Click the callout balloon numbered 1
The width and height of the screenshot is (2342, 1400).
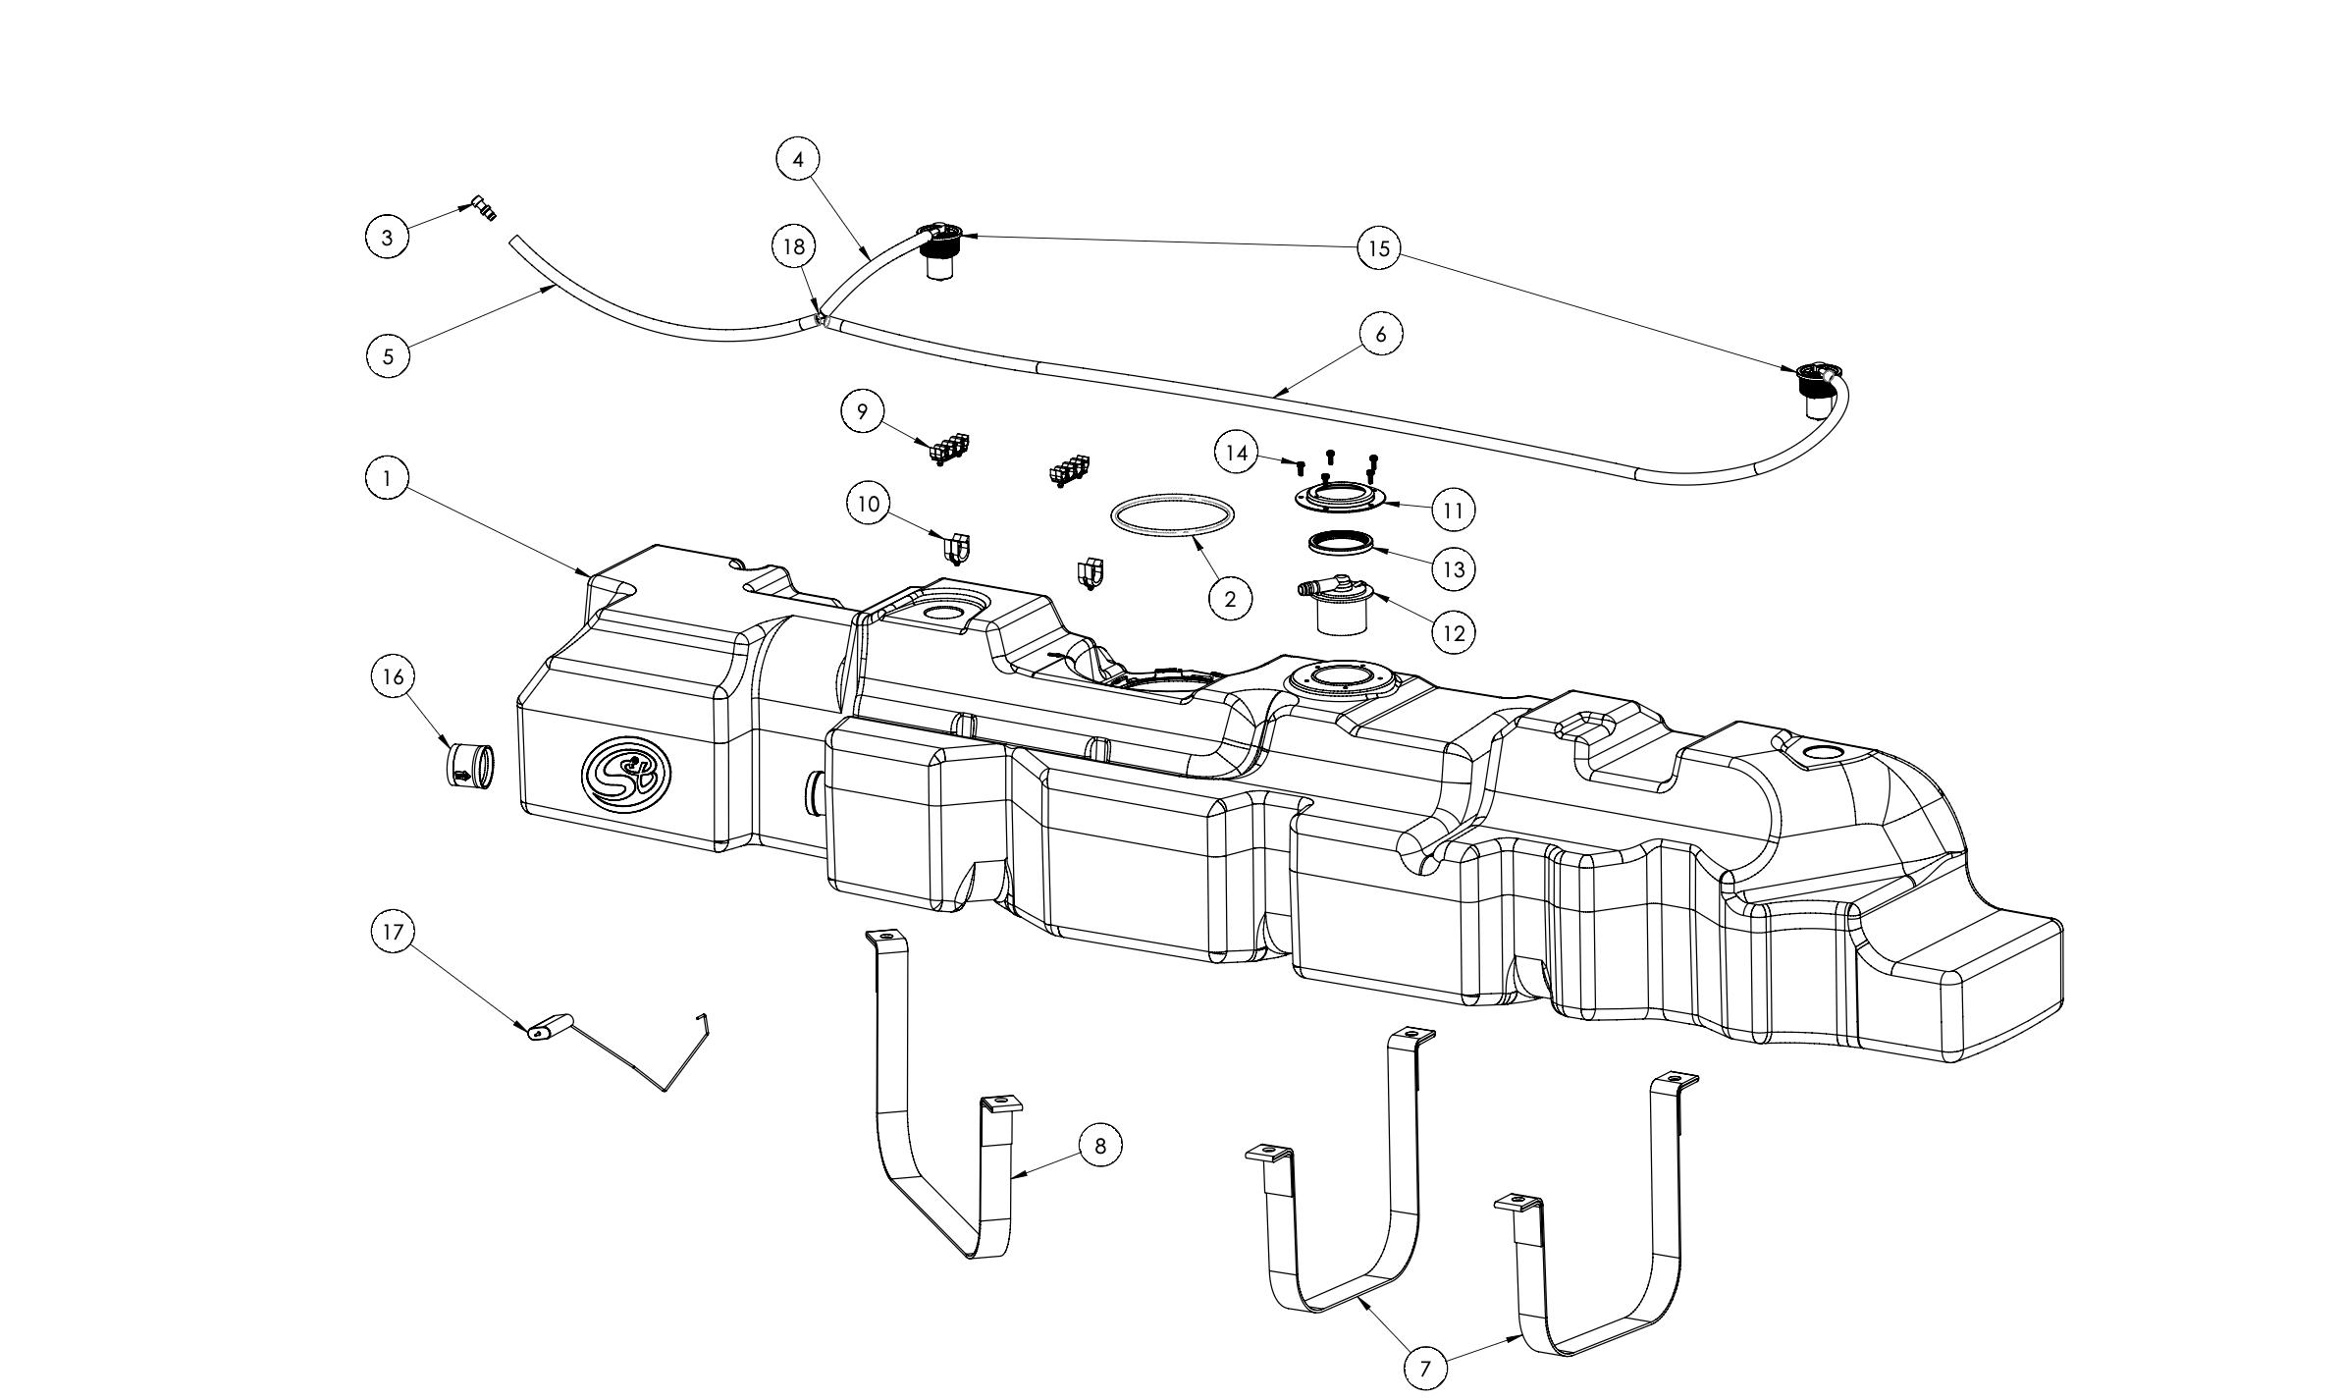click(387, 479)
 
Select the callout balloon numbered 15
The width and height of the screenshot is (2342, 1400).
click(1379, 248)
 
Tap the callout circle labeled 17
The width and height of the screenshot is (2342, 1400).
click(393, 932)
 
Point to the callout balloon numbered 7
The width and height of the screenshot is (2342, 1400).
click(1425, 1368)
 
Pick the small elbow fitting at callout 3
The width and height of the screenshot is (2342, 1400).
click(484, 208)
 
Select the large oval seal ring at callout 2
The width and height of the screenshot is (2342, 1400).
click(1172, 516)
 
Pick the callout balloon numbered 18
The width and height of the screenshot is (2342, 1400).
click(793, 247)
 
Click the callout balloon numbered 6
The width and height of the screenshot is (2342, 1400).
click(1380, 335)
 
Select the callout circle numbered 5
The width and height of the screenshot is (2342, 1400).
click(388, 355)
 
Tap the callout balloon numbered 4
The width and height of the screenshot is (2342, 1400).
click(798, 160)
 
